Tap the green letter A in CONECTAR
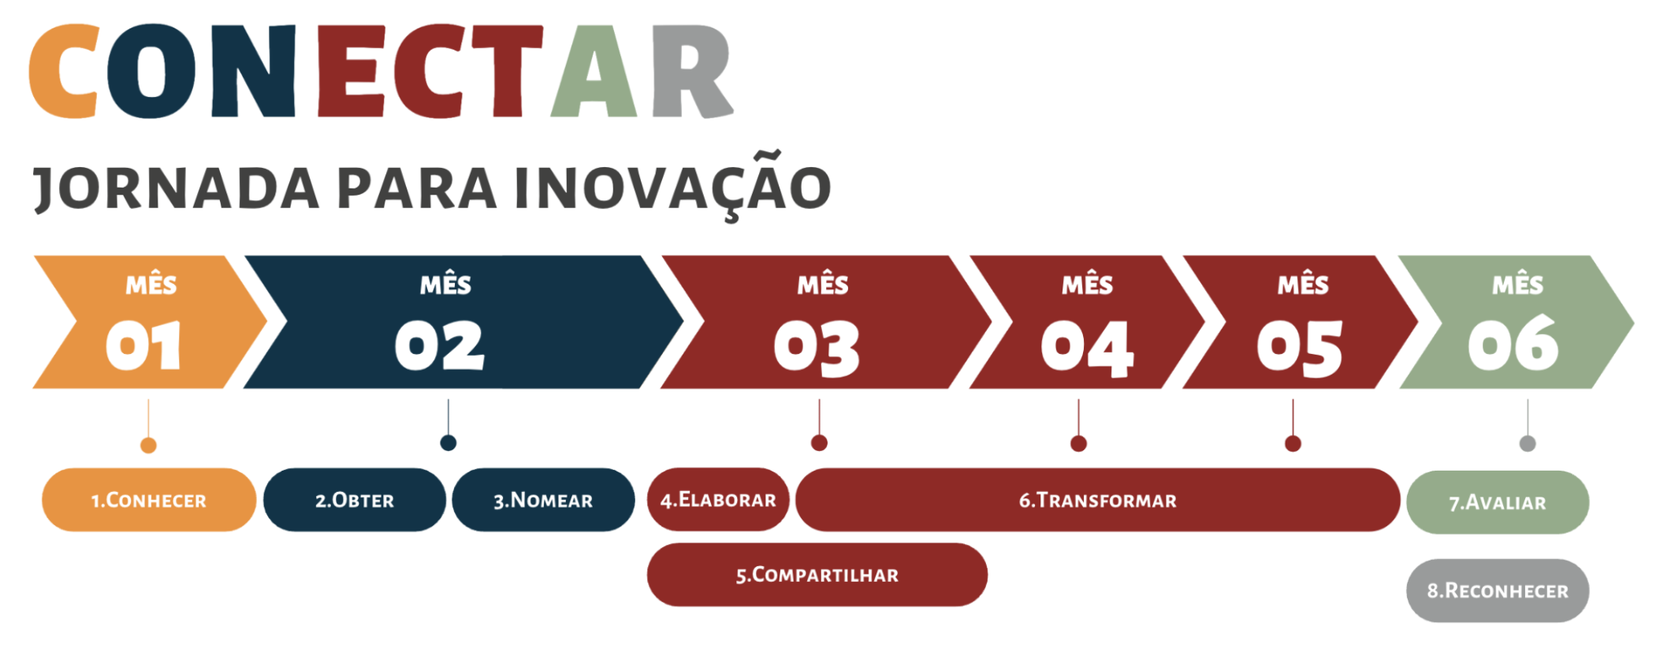coord(594,71)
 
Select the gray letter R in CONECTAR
coord(691,71)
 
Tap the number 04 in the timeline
coord(1087,348)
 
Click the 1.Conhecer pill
coord(149,500)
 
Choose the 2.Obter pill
coord(355,500)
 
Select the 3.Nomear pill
coord(543,500)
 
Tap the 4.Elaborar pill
coord(718,500)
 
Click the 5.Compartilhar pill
coord(817,575)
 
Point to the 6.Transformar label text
coord(1097,501)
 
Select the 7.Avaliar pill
coord(1498,502)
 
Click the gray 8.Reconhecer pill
coord(1498,591)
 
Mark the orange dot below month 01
coord(148,445)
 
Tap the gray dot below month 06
coord(1528,443)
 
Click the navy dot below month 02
coord(448,443)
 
